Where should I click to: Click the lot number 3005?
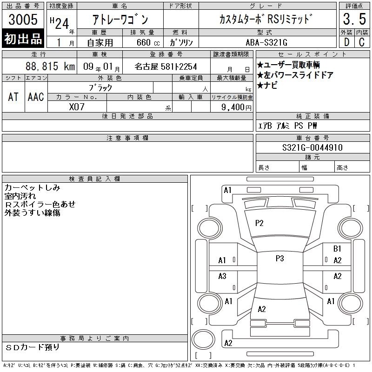[x=23, y=20]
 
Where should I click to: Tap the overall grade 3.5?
[x=354, y=19]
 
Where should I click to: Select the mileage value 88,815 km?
[x=50, y=66]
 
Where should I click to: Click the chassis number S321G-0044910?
[x=312, y=147]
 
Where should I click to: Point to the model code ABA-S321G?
[x=266, y=42]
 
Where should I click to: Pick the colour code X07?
[x=77, y=107]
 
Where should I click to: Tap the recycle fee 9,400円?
[x=236, y=107]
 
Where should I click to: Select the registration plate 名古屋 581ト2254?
[x=166, y=66]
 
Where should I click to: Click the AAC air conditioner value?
[x=36, y=97]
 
